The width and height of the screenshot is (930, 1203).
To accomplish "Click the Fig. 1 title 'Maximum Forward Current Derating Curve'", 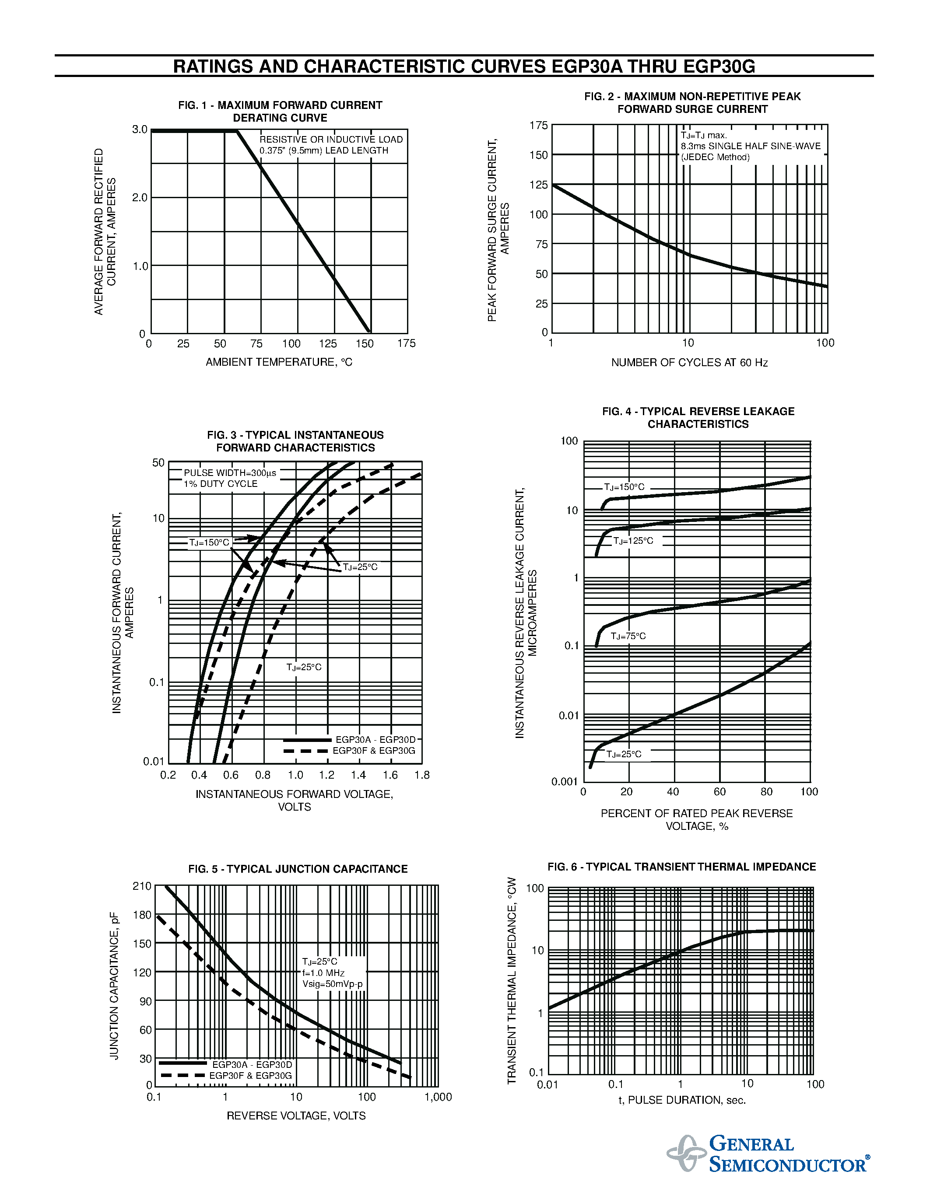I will pyautogui.click(x=280, y=111).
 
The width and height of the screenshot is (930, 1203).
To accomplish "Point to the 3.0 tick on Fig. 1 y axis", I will pyautogui.click(x=140, y=129).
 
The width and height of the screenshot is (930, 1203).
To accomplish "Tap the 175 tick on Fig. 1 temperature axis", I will pyautogui.click(x=407, y=344).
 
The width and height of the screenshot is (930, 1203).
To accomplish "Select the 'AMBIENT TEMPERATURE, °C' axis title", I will pyautogui.click(x=279, y=362).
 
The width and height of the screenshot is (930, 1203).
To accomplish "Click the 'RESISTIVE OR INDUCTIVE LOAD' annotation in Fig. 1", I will pyautogui.click(x=331, y=140).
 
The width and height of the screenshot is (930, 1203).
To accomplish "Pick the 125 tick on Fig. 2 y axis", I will pyautogui.click(x=539, y=185).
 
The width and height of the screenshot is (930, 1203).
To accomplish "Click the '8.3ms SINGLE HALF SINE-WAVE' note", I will pyautogui.click(x=751, y=147).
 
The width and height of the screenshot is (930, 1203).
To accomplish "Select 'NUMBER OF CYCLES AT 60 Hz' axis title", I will pyautogui.click(x=689, y=363).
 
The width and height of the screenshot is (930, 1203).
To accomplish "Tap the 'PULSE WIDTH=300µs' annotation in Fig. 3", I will pyautogui.click(x=230, y=472).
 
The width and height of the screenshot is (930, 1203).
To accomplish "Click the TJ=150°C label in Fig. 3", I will pyautogui.click(x=209, y=542).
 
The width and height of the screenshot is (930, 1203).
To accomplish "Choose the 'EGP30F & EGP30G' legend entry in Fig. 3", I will pyautogui.click(x=374, y=751).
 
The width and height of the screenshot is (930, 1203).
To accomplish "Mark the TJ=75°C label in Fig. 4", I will pyautogui.click(x=628, y=636).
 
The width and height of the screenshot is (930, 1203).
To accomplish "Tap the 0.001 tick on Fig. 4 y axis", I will pyautogui.click(x=565, y=782).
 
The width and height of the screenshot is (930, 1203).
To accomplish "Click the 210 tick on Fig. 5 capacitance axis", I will pyautogui.click(x=142, y=886).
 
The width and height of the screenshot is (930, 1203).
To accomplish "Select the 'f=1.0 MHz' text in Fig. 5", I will pyautogui.click(x=323, y=973).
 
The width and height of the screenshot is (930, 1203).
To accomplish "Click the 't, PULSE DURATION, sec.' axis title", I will pyautogui.click(x=681, y=1100).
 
